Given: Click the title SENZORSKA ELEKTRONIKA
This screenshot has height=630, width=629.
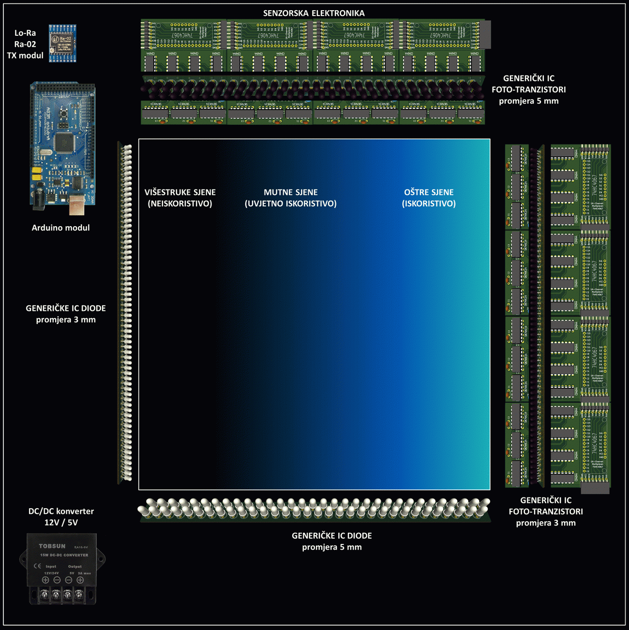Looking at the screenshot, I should pos(314,13).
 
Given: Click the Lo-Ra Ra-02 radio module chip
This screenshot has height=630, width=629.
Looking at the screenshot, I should pos(62,44).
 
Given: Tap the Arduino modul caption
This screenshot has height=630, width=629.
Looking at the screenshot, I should pos(60,228).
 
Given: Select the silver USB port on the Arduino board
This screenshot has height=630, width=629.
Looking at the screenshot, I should pos(76,205).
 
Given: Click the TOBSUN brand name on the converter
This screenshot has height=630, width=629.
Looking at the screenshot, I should pos(52,546).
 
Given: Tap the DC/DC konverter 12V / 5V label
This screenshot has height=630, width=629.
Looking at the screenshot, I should pos(61,516).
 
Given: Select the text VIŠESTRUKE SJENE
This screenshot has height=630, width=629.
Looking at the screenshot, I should pos(180,192).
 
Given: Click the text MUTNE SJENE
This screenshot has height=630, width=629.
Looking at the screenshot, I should pos(290,192).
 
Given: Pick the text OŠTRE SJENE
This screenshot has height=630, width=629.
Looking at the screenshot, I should pos(429,192).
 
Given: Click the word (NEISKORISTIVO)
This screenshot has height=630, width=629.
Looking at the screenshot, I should pos(180,204).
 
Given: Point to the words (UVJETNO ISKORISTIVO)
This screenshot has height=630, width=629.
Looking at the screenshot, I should pos(290,204).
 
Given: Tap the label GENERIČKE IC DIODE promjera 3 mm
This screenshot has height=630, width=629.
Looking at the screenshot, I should pos(66,314).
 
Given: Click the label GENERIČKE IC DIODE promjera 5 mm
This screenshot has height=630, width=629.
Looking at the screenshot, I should pos(332,541).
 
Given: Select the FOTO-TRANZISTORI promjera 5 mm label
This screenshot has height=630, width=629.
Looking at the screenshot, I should pos(528,89).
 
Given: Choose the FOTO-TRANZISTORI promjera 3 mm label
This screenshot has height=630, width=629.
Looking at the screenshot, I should pos(546,512).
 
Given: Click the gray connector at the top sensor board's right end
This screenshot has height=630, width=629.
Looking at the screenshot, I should pos(485,34).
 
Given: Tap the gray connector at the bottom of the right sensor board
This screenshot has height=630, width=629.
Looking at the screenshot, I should pos(595,488).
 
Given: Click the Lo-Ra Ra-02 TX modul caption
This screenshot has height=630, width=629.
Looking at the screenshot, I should pos(25,44).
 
